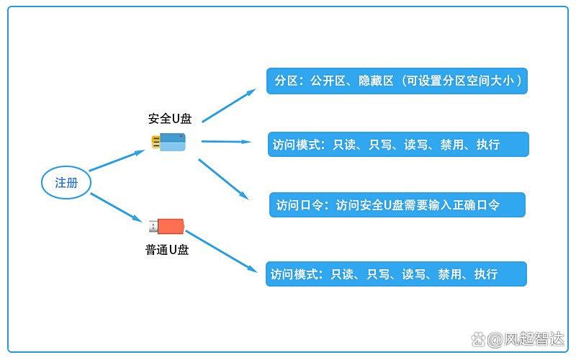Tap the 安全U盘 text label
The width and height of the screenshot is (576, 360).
pos(170,119)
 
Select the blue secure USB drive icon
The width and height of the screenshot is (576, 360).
pos(168,142)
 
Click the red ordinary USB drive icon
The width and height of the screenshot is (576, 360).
pos(166,226)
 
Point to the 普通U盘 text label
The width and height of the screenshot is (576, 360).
pos(167,250)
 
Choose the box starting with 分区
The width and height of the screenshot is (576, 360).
pos(397,81)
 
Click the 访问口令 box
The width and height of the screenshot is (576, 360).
pos(397,204)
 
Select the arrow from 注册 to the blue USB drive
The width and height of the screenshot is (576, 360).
pos(117,161)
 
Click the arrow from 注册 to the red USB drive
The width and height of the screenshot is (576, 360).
pos(116,207)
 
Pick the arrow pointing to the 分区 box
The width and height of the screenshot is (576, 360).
pos(229,105)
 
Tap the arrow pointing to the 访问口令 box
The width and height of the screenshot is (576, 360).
pos(224,179)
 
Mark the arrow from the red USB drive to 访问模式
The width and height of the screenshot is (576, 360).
pos(221,251)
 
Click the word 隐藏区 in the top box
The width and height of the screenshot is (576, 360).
pos(376,81)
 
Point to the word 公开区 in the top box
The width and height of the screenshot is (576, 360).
pos(328,81)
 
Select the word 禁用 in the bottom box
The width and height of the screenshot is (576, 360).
pos(449,274)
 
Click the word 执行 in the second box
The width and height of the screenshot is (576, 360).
pos(488,145)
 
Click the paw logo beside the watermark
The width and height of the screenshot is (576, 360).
pos(478,340)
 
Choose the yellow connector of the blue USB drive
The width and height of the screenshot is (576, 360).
pos(156,142)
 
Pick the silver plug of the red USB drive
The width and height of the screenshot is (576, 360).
pos(153,226)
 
